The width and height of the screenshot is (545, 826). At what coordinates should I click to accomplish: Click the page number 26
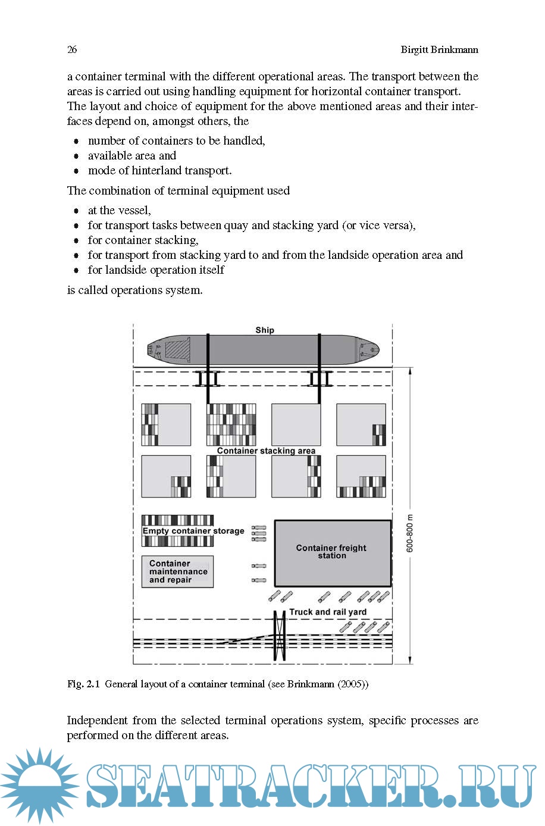point(72,49)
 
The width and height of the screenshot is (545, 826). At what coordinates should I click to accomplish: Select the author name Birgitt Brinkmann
point(439,49)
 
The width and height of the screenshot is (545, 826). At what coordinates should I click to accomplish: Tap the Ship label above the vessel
point(265,330)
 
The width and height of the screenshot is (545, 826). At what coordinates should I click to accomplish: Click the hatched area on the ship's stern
point(177,349)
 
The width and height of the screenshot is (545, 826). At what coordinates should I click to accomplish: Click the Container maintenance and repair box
point(177,572)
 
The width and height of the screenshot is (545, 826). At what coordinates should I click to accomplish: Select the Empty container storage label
point(193,531)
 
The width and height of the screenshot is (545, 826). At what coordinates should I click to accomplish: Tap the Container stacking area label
point(266,450)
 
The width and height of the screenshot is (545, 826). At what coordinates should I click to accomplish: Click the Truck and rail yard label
point(328,612)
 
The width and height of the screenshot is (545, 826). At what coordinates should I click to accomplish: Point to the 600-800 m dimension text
point(410,533)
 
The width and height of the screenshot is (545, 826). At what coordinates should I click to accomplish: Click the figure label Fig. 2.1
point(83,684)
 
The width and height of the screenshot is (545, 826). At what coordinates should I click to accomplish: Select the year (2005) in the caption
point(352,684)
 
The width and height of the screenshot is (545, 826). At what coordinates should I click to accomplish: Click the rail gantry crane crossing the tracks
point(279,636)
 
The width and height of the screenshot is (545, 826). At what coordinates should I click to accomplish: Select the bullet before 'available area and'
point(76,156)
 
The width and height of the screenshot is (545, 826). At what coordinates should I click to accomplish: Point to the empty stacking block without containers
point(296,424)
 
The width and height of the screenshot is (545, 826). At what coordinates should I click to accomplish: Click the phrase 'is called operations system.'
point(134,290)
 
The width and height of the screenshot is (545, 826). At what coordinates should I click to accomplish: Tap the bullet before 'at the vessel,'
point(76,211)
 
